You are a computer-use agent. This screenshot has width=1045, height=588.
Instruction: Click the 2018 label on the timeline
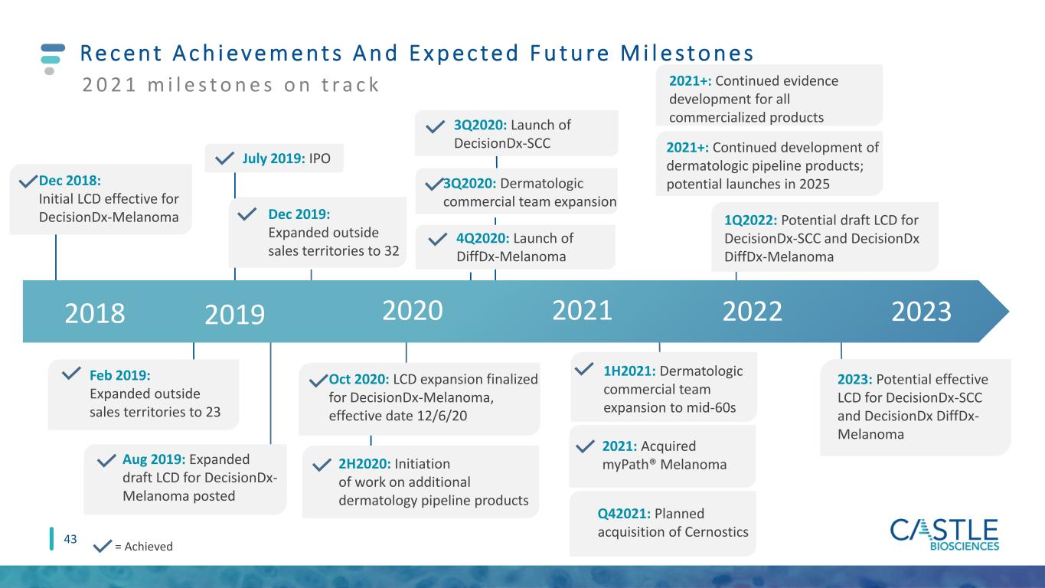tap(95, 313)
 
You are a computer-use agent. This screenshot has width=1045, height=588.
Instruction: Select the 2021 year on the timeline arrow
tap(582, 311)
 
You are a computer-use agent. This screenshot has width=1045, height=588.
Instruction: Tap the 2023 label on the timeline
tap(922, 312)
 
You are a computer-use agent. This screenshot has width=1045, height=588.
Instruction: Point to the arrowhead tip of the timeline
tap(1008, 312)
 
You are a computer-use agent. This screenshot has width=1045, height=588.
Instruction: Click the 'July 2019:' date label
tap(273, 158)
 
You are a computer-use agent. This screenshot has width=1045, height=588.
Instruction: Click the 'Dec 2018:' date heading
tap(70, 181)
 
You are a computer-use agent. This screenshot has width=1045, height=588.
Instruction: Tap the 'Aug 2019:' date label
tap(154, 459)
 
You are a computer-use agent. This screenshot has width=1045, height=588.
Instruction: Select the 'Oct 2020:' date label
tap(359, 379)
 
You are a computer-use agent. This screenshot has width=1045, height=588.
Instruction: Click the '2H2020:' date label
tap(365, 464)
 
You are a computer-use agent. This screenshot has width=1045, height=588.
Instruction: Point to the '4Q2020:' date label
tap(483, 238)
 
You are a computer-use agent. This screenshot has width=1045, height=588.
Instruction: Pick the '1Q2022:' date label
tap(750, 220)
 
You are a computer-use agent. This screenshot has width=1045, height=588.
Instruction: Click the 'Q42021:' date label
tap(624, 514)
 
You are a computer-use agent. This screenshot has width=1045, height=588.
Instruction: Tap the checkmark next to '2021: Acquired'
tap(585, 446)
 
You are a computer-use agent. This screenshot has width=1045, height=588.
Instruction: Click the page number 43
tap(70, 539)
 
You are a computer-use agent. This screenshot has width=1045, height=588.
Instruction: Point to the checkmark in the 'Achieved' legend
tap(102, 546)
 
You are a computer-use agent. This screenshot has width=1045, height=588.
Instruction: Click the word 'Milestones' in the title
tap(687, 53)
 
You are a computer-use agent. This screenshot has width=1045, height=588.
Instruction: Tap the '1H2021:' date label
tap(629, 371)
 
